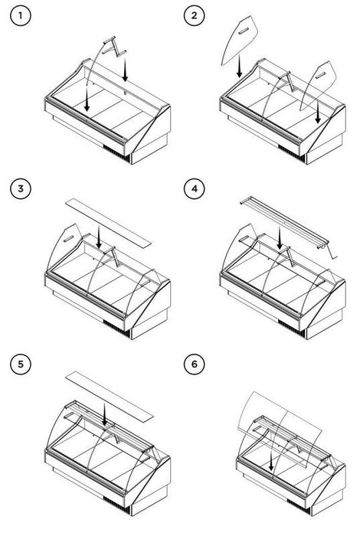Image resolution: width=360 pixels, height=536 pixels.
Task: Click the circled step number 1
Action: [21, 15]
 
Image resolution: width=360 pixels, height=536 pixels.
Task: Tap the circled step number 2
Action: [195, 15]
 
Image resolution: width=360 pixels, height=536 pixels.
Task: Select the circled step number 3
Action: [21, 188]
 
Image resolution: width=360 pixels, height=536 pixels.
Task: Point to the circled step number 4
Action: [195, 188]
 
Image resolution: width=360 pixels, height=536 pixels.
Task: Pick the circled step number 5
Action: [21, 364]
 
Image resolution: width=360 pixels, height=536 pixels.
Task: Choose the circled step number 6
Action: [195, 364]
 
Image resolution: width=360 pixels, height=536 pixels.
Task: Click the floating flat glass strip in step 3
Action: [108, 222]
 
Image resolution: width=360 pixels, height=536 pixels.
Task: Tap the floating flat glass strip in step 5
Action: [108, 395]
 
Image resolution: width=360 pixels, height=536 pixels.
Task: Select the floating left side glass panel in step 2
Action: [239, 39]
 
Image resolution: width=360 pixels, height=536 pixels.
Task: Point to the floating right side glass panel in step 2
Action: [318, 85]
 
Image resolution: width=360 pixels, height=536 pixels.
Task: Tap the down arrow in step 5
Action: [104, 413]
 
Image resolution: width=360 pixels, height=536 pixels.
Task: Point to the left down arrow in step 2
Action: [239, 66]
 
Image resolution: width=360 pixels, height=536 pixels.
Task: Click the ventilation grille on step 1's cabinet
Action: [117, 153]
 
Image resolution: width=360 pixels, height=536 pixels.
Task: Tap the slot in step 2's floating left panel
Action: [242, 32]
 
